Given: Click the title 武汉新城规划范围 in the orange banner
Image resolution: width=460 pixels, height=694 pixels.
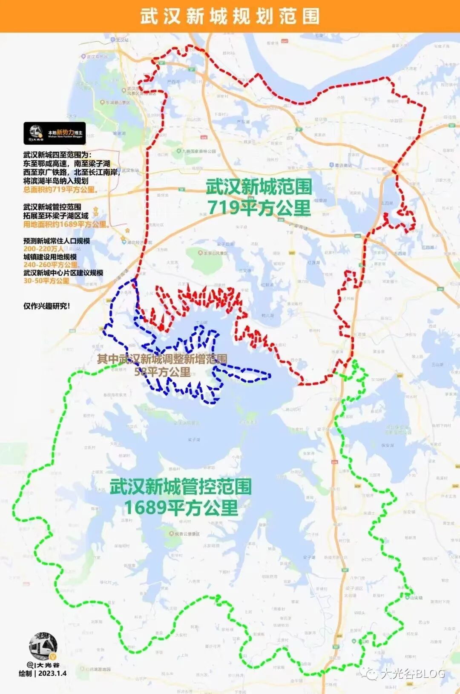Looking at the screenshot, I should coord(230,16).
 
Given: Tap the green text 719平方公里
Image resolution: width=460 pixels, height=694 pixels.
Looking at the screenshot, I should coord(259,207).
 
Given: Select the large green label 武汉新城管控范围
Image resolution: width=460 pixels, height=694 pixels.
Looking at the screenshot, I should coord(181,487).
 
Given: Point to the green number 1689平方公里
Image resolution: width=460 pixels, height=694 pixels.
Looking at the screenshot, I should coord(181,508).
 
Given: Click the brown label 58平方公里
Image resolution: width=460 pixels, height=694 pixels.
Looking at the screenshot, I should coord(162,372).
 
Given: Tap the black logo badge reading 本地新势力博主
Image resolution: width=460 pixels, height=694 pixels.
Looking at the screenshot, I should coord(55,133).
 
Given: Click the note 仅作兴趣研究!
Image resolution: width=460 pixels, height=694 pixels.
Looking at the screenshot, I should coord(46,306).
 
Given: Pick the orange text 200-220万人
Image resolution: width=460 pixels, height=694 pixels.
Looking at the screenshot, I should coord(43,249).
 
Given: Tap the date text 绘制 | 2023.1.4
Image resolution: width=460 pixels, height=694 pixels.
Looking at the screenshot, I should coord(43,674).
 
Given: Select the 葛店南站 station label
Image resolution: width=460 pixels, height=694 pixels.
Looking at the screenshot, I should coord(343,165).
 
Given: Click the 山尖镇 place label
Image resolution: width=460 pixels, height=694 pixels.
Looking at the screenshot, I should coord(415,597).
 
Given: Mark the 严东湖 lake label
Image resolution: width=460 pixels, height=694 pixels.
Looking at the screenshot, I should coord(173,81).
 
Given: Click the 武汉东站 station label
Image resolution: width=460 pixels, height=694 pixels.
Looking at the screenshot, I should coord(131,170).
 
